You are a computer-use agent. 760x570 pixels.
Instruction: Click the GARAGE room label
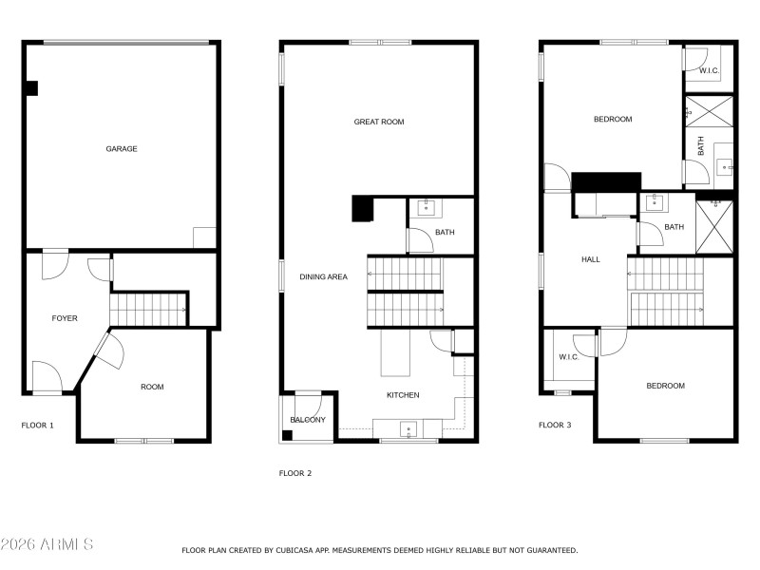[x=122, y=149]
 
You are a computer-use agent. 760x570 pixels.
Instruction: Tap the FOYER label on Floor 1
[x=65, y=318]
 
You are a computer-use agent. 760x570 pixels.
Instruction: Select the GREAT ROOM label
[x=379, y=122]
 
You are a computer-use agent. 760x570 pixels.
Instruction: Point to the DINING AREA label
[x=324, y=276]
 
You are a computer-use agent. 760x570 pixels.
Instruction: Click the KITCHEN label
[x=403, y=395]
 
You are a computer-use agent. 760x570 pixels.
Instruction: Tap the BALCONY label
[x=308, y=420]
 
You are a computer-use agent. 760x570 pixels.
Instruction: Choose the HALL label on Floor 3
[x=590, y=258]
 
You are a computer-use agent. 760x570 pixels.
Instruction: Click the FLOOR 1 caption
[x=38, y=426]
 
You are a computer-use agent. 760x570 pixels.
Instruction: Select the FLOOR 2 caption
[x=295, y=472]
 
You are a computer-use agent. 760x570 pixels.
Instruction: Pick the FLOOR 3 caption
[x=555, y=426]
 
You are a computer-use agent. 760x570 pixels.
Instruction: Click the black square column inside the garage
[x=31, y=88]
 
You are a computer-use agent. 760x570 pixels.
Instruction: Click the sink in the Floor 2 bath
[x=427, y=206]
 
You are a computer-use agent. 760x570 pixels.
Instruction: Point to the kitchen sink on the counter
[x=408, y=429]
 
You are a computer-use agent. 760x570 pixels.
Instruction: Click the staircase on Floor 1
[x=148, y=310]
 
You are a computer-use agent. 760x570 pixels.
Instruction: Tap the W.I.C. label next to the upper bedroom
[x=709, y=70]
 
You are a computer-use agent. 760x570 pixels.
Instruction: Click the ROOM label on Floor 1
[x=152, y=387]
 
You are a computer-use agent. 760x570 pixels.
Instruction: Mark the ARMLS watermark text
[x=47, y=544]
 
